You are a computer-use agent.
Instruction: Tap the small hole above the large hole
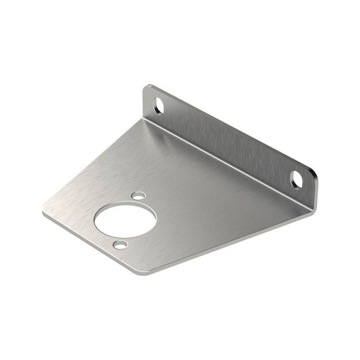(x=137, y=196)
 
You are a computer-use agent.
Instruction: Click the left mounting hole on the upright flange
(x=158, y=105)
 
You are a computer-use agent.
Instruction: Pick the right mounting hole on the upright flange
(x=297, y=179)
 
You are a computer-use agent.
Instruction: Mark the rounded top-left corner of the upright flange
(x=147, y=88)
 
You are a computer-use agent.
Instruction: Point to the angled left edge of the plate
(x=94, y=166)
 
